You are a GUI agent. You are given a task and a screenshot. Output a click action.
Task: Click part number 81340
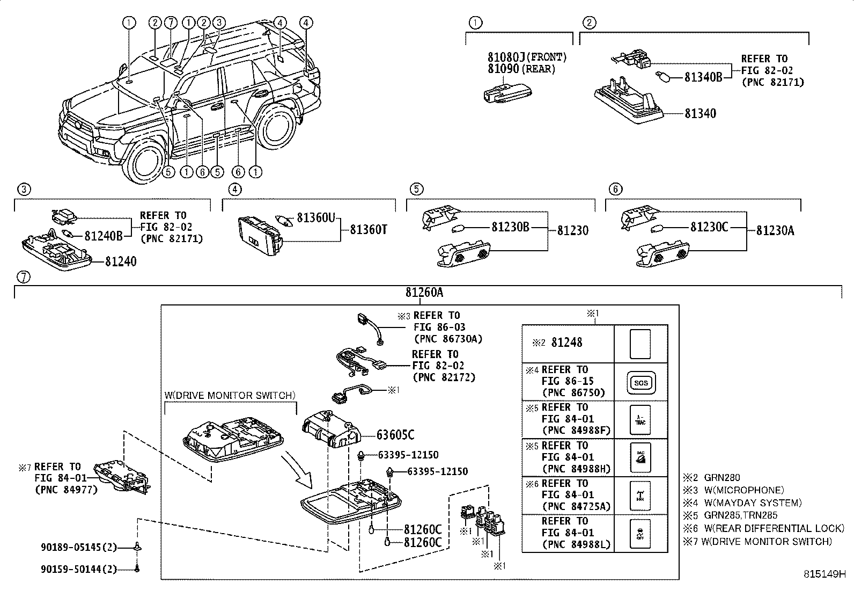700,113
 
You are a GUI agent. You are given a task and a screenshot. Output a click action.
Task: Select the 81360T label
369,230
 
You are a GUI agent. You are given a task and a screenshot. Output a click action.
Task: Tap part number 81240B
104,235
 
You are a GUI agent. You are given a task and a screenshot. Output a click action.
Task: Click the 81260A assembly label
424,293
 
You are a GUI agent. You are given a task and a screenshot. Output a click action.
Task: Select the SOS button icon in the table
641,382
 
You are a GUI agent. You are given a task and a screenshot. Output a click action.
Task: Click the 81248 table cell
567,343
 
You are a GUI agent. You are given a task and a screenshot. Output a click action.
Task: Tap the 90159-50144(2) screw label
78,569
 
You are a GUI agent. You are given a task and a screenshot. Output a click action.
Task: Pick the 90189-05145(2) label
78,548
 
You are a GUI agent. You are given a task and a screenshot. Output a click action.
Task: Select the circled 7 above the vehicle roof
171,23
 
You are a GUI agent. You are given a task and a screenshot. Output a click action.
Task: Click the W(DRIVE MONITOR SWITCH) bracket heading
230,396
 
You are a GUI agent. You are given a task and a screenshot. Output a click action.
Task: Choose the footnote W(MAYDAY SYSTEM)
753,502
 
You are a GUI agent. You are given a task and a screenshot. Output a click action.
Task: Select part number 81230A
775,230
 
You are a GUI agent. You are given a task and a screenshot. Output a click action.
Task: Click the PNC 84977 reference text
66,490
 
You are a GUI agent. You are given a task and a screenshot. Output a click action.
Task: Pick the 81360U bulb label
316,217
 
